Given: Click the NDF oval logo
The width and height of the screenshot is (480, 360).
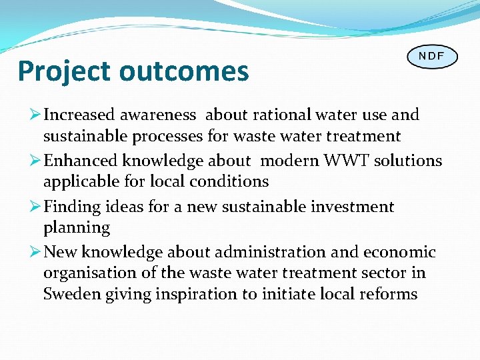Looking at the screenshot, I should pyautogui.click(x=432, y=56).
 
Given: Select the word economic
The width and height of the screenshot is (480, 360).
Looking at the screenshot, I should pyautogui.click(x=399, y=252).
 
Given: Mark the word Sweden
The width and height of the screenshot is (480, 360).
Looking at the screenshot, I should pyautogui.click(x=72, y=294).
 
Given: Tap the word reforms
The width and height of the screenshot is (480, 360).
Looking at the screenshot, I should pyautogui.click(x=387, y=294).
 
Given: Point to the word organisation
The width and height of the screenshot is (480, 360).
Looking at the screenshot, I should pyautogui.click(x=87, y=273).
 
